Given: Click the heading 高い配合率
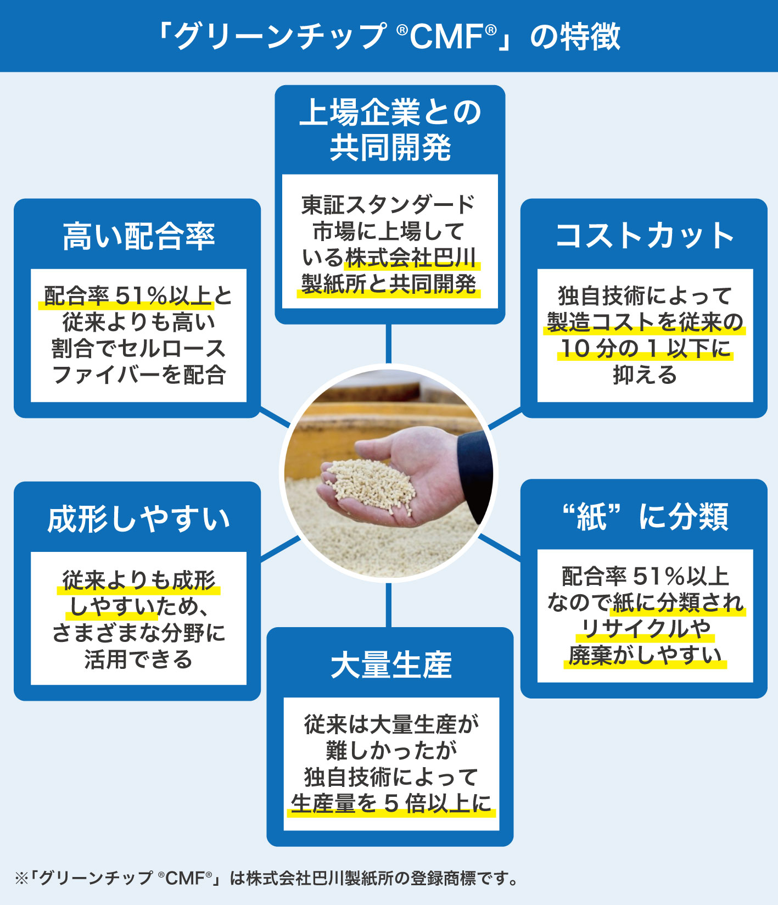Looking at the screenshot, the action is pos(138,236).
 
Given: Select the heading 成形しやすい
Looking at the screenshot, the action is pos(138,519).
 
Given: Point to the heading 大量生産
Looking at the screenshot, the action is pos(390,664).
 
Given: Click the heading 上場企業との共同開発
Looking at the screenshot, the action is pos(390,130).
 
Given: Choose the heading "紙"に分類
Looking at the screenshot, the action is pos(645,517).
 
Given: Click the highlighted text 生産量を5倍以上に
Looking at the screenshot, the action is pos(390,803).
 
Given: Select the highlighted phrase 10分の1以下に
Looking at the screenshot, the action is pos(645,348).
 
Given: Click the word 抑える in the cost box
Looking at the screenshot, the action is pos(645,375).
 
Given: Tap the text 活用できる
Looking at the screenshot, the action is pos(138,658).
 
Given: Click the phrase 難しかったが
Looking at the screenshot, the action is pos(390,750).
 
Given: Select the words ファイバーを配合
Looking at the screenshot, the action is pos(138,375).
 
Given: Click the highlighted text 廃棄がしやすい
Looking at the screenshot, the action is pos(645,655).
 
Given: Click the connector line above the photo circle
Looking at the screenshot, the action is pos(389,344).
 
